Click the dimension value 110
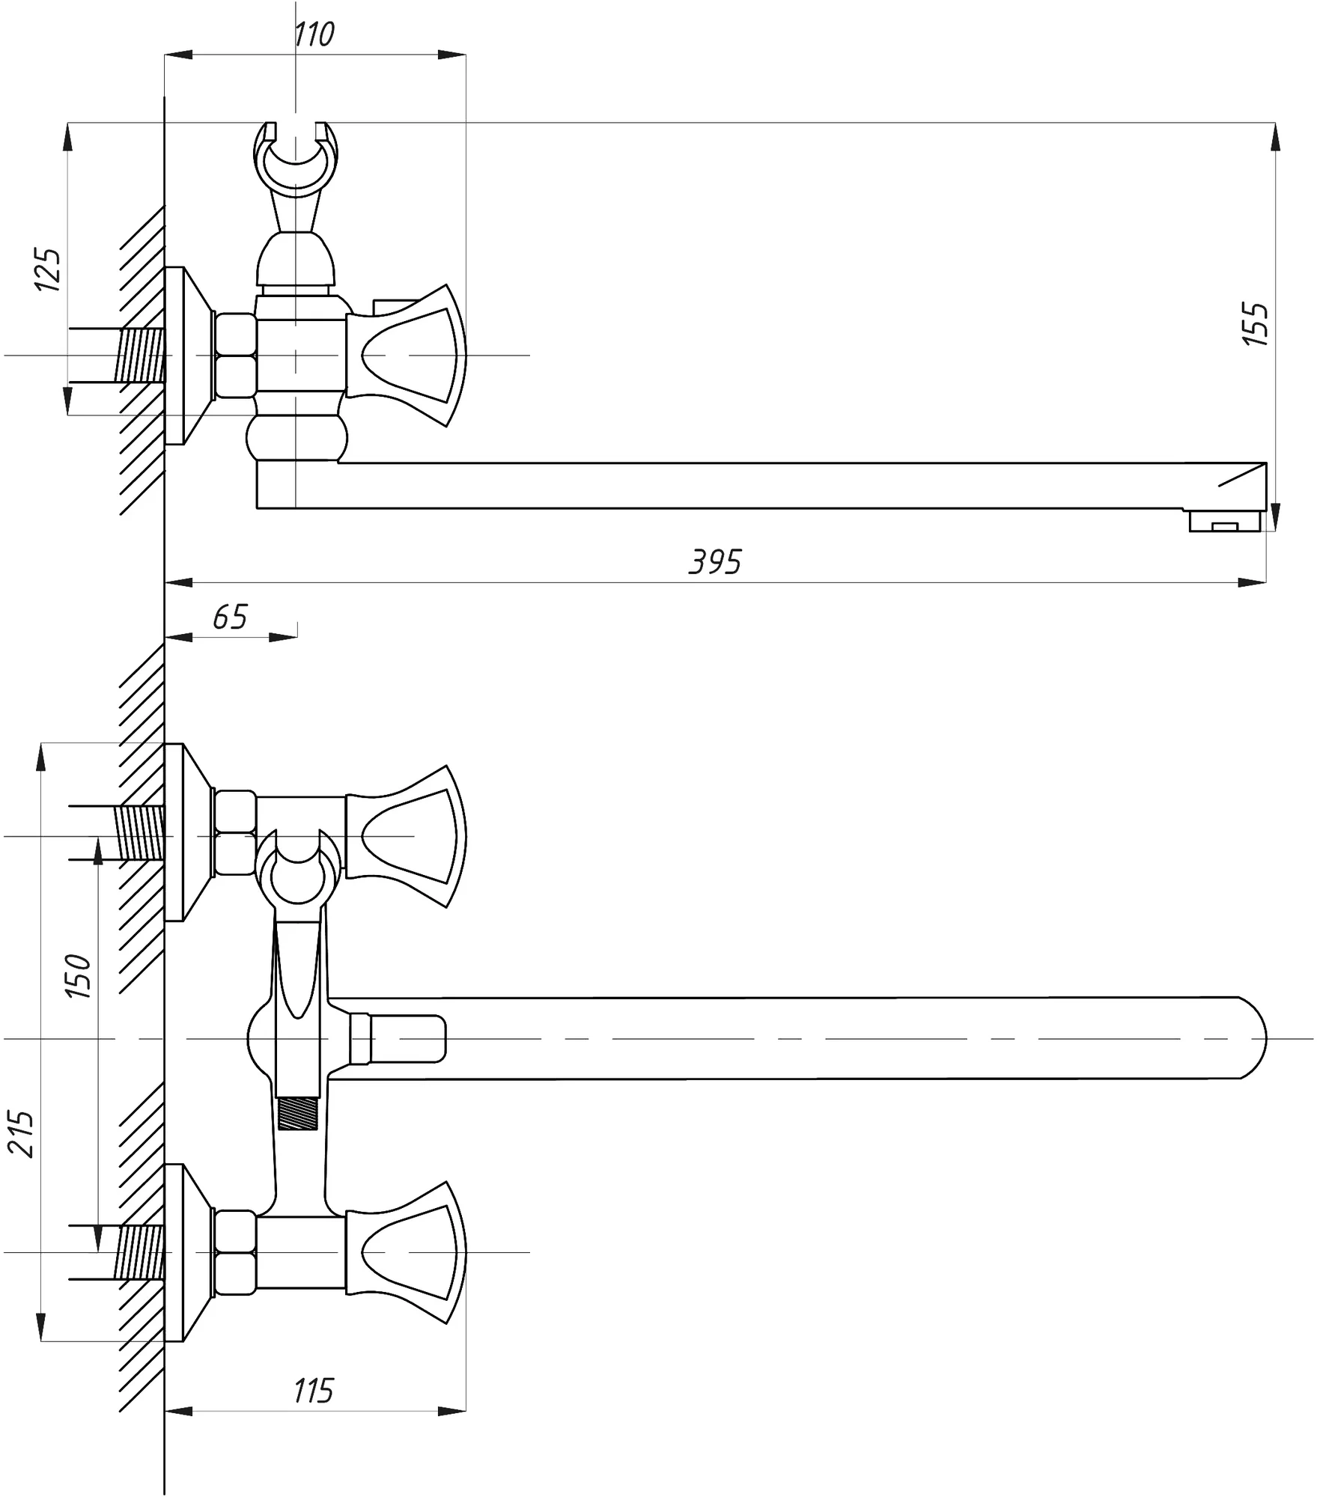click(x=314, y=34)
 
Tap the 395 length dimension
click(x=716, y=561)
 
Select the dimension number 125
click(x=48, y=269)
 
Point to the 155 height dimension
click(x=1256, y=323)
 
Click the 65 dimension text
click(x=230, y=617)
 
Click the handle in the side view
click(x=407, y=356)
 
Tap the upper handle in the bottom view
click(x=407, y=837)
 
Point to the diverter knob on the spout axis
click(x=398, y=1038)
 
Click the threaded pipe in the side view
click(x=139, y=356)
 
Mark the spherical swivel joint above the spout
click(x=297, y=438)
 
